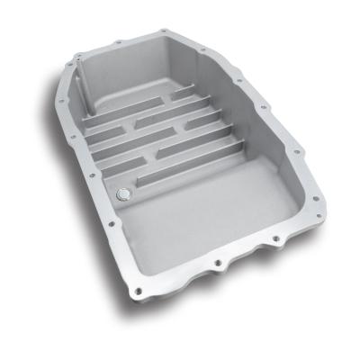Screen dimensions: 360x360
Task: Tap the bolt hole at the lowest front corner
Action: click(x=220, y=266)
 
